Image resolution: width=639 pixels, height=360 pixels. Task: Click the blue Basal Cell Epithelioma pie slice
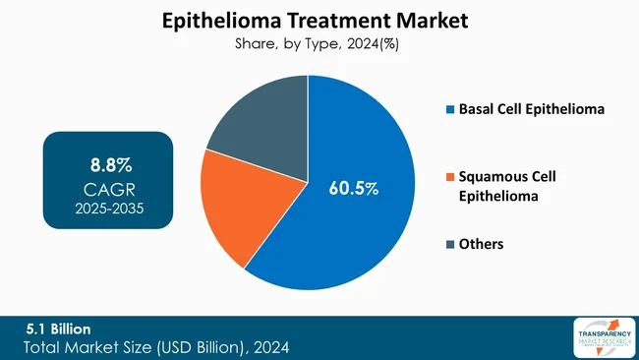pyautogui.click(x=364, y=226)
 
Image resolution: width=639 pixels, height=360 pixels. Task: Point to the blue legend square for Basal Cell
pyautogui.click(x=450, y=109)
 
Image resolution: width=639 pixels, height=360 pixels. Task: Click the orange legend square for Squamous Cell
pyautogui.click(x=450, y=177)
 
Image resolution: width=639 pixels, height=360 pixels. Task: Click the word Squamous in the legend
pyautogui.click(x=492, y=177)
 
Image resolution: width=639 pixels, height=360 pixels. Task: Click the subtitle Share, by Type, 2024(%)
pyautogui.click(x=319, y=44)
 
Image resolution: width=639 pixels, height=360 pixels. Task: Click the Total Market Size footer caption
pyautogui.click(x=157, y=347)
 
